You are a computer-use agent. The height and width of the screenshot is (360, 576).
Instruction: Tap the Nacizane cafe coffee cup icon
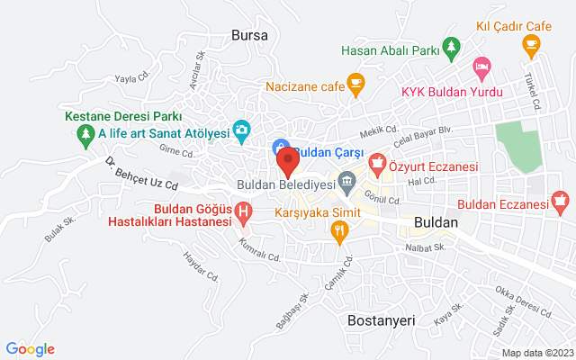(x=355, y=85)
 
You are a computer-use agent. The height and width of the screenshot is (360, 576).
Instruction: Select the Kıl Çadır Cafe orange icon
(x=531, y=42)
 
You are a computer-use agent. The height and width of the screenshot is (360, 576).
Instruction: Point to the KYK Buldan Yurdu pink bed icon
(x=481, y=66)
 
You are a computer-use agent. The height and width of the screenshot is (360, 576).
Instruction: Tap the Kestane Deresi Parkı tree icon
(x=85, y=135)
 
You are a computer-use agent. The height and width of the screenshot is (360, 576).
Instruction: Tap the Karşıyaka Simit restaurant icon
(x=339, y=233)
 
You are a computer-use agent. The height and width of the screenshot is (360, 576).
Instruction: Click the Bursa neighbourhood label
(x=249, y=35)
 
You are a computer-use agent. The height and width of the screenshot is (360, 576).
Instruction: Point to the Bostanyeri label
(x=381, y=319)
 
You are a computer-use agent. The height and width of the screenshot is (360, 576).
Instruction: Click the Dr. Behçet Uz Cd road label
(x=141, y=175)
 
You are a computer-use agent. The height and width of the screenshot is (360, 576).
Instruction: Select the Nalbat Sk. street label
(x=426, y=247)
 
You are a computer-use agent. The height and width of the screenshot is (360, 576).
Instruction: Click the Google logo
(x=30, y=349)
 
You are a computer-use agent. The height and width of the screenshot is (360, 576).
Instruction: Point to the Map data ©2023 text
(x=536, y=353)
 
